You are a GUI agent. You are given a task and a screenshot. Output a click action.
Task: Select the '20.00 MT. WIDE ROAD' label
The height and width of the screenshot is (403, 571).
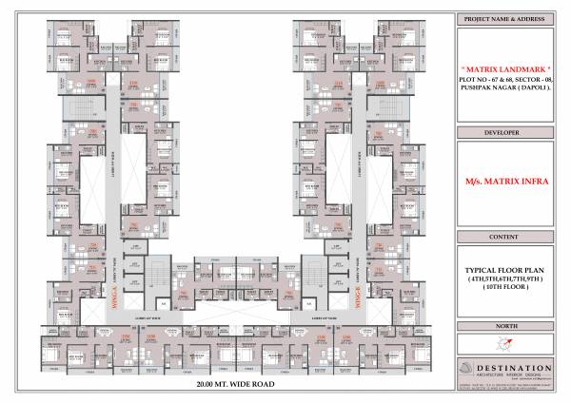235,385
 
